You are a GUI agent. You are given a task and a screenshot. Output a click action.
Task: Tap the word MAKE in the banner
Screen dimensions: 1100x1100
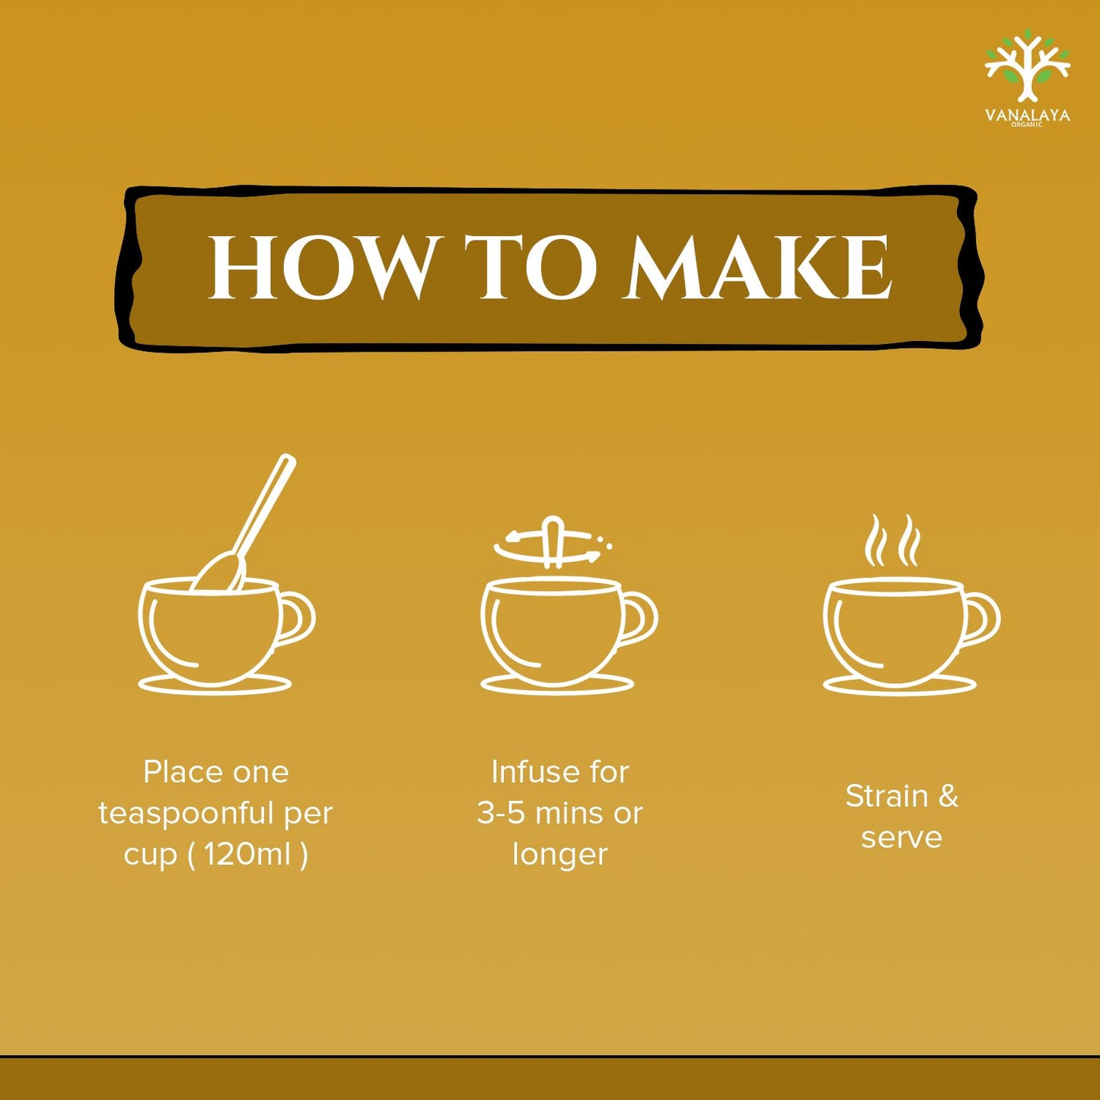click(757, 268)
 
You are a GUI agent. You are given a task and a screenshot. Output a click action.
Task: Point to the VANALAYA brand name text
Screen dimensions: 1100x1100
click(1028, 115)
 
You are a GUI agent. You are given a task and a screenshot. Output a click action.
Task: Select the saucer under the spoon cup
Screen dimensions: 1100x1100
click(215, 685)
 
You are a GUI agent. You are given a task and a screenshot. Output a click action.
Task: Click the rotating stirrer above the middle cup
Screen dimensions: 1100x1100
click(553, 543)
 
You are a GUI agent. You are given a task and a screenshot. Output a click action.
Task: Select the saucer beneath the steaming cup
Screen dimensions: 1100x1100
click(900, 685)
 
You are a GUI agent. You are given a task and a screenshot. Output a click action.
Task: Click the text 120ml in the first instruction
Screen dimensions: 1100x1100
click(247, 854)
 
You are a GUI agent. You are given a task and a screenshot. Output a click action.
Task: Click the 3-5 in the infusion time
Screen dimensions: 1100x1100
click(501, 813)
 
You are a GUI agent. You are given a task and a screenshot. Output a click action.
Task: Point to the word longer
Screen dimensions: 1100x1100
click(560, 854)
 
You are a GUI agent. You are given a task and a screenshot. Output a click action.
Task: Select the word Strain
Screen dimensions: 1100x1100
click(887, 796)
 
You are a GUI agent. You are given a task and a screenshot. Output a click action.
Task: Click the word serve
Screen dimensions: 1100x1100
click(901, 837)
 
